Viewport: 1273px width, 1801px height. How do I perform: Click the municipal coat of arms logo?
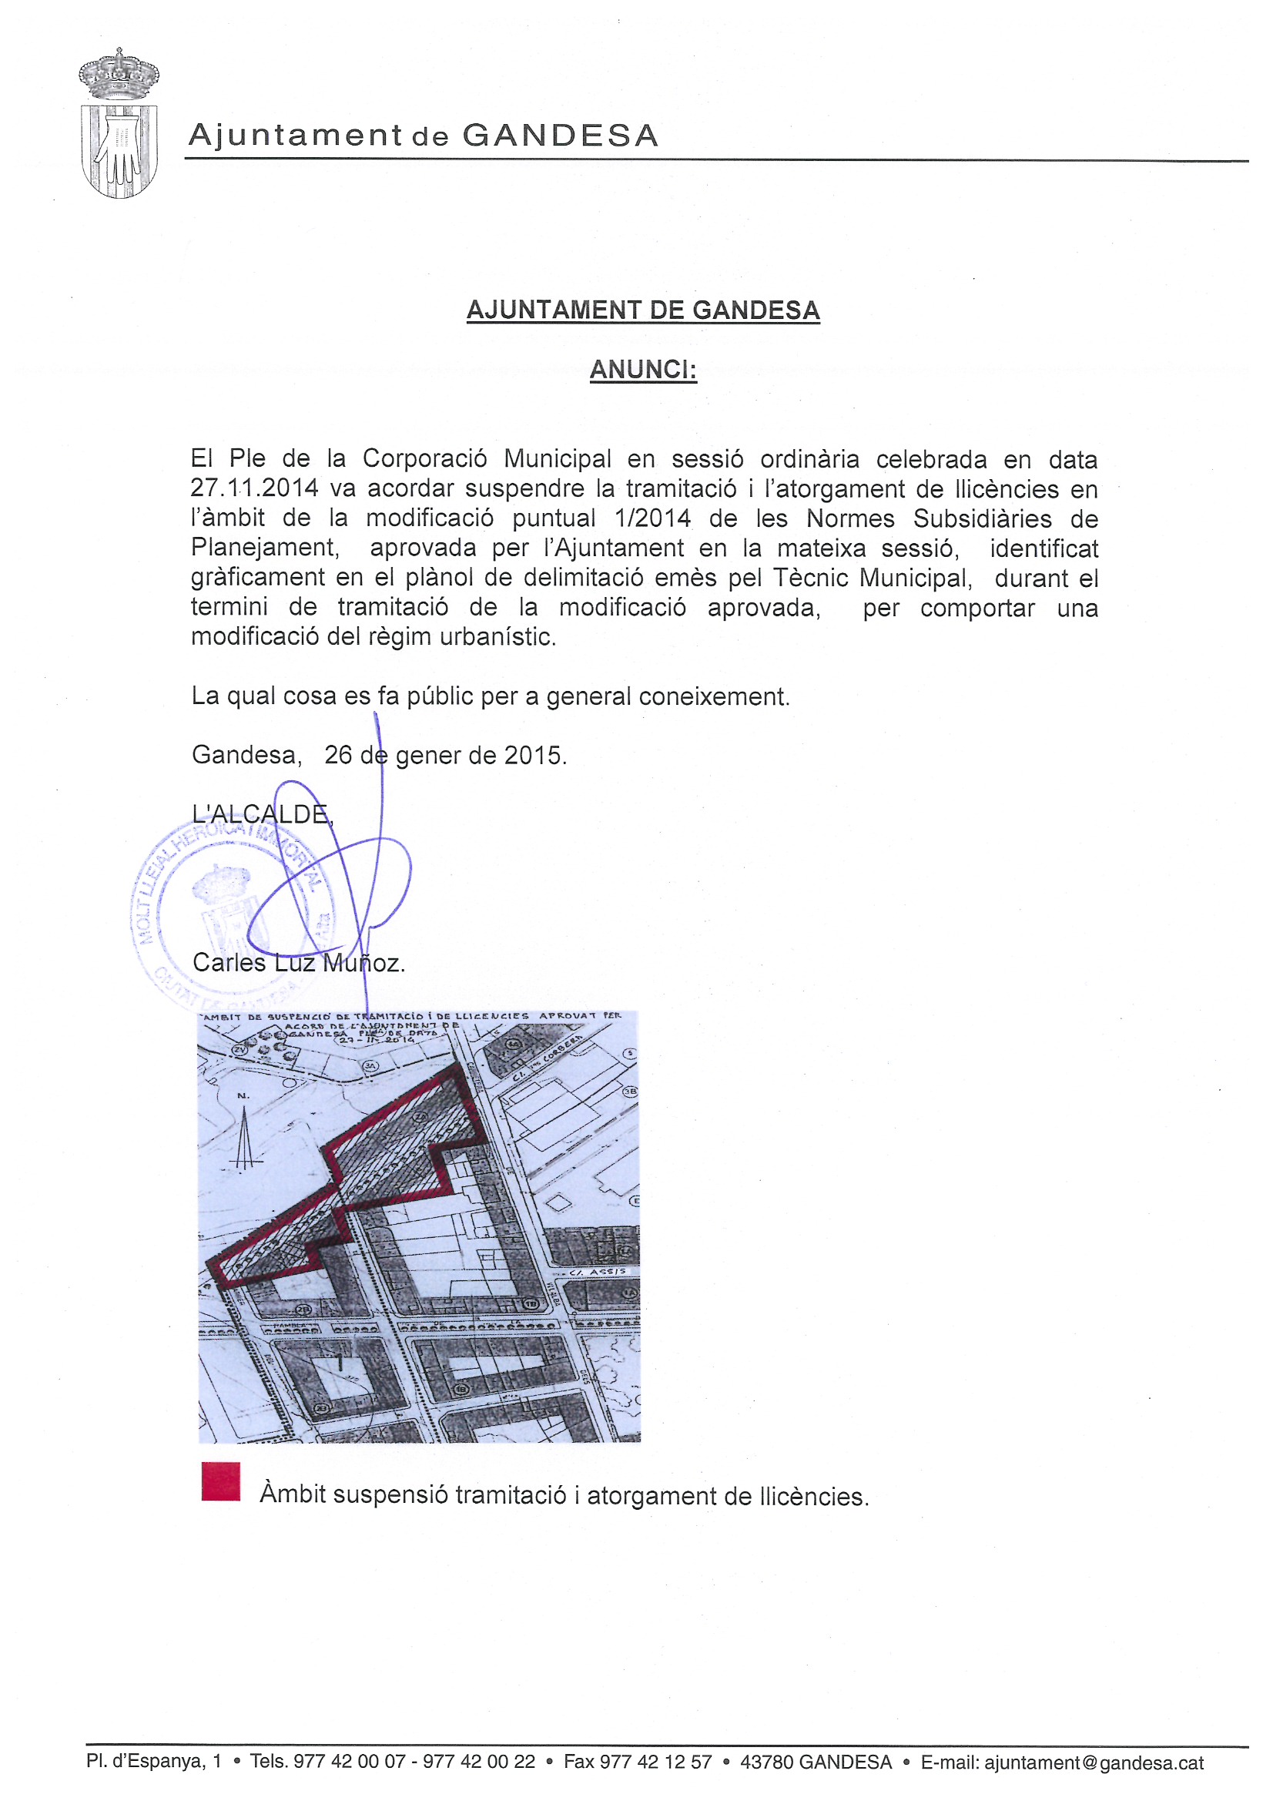coord(119,123)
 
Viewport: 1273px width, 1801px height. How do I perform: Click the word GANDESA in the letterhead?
coord(560,136)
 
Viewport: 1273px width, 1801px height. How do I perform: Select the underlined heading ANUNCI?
coord(642,370)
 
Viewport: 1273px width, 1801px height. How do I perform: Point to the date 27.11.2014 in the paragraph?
coord(254,488)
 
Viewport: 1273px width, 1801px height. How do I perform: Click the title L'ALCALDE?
coord(262,814)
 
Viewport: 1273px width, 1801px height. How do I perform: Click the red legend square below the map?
coord(220,1481)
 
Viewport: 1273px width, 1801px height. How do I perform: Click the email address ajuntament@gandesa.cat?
coord(1094,1762)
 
